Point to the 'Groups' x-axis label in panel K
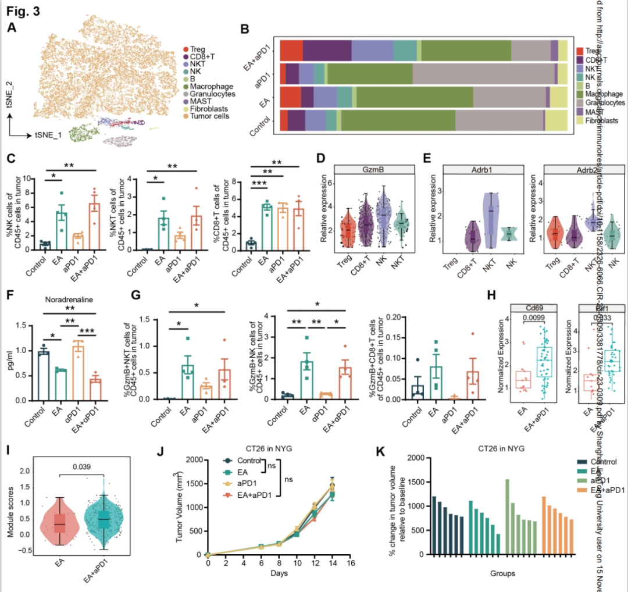tap(502, 573)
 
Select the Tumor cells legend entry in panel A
tap(205, 116)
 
